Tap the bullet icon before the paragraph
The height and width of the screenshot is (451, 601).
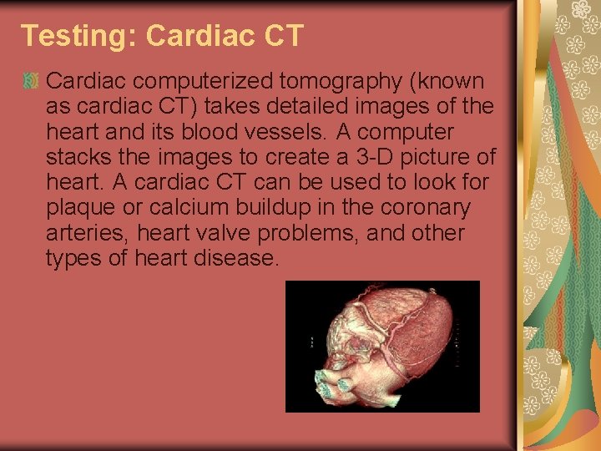[30, 82]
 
